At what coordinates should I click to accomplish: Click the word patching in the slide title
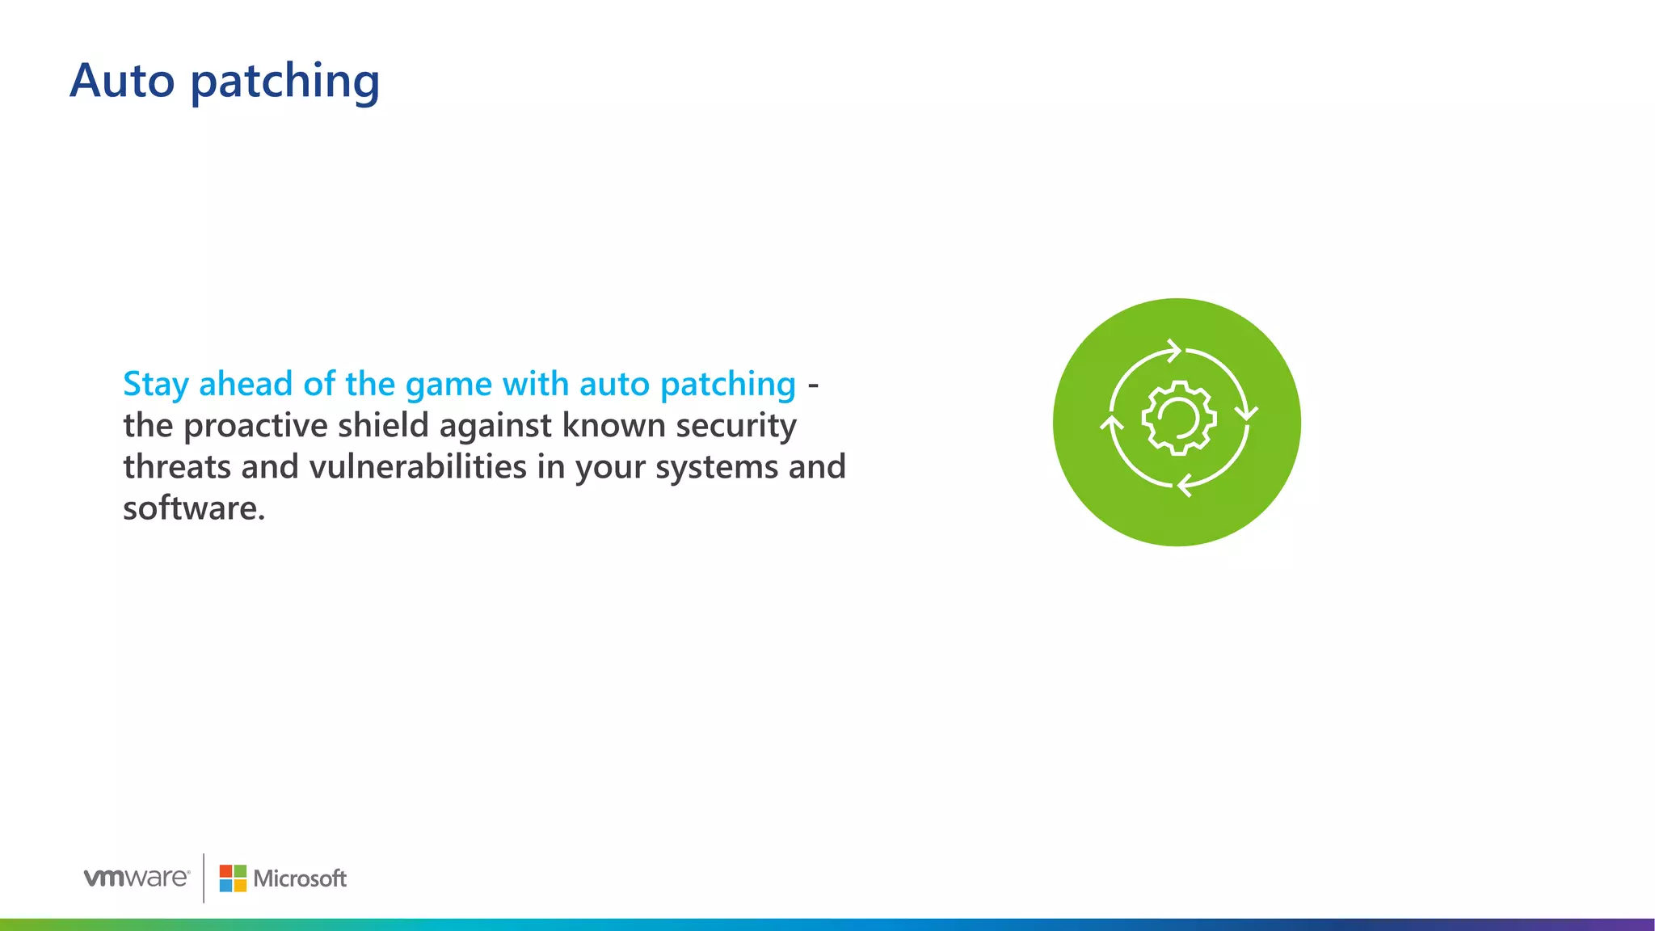(x=285, y=82)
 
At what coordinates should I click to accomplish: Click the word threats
(x=177, y=467)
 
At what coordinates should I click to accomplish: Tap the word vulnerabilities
(x=418, y=466)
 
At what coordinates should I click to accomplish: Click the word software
(x=193, y=508)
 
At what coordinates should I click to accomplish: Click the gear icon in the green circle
(x=1177, y=418)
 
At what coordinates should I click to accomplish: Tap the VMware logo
(x=137, y=878)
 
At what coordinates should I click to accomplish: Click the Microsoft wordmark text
(x=300, y=878)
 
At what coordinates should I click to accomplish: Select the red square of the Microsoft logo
(x=225, y=871)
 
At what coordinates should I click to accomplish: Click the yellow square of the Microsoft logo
(x=240, y=886)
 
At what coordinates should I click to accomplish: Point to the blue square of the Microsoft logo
(x=225, y=886)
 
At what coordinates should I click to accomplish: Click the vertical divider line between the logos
(x=204, y=878)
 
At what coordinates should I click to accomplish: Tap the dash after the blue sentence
(x=813, y=386)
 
